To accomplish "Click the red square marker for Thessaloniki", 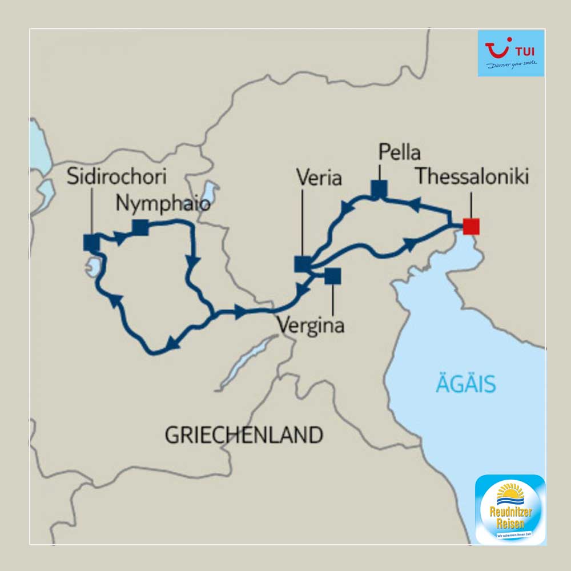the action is (x=471, y=226).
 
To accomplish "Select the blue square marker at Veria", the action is (x=303, y=264).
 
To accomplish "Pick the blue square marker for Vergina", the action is (x=332, y=276).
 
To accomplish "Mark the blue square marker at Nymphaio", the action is (x=140, y=227).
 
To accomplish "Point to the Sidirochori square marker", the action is (x=91, y=243).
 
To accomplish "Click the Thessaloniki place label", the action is (x=472, y=176).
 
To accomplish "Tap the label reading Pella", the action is (x=399, y=153).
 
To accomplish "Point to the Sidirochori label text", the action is (x=116, y=176).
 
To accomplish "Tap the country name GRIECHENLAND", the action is (x=244, y=435).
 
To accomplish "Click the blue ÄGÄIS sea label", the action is (x=466, y=384).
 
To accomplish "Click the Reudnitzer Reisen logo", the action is (x=510, y=508).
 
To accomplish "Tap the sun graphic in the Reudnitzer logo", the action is (x=509, y=492).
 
